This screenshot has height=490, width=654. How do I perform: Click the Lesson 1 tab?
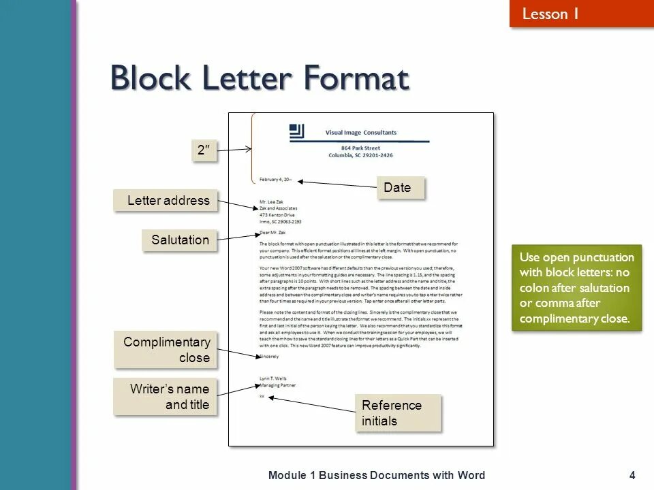pos(550,14)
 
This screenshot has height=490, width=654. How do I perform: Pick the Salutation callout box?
pos(180,240)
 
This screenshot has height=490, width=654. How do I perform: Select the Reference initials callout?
pos(398,413)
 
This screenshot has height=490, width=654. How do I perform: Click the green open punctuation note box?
pos(576,288)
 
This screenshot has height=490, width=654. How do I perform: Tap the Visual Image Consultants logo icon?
pos(296,132)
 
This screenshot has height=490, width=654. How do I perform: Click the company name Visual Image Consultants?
pos(360,133)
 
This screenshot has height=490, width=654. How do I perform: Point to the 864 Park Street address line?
pos(360,148)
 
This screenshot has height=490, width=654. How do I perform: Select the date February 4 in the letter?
pos(275,180)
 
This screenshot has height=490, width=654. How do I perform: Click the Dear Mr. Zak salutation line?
pos(272,233)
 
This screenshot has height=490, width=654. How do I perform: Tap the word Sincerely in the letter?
pos(269,356)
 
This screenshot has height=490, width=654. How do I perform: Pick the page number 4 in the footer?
pos(632,475)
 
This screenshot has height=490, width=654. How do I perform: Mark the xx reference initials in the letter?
pos(262,395)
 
